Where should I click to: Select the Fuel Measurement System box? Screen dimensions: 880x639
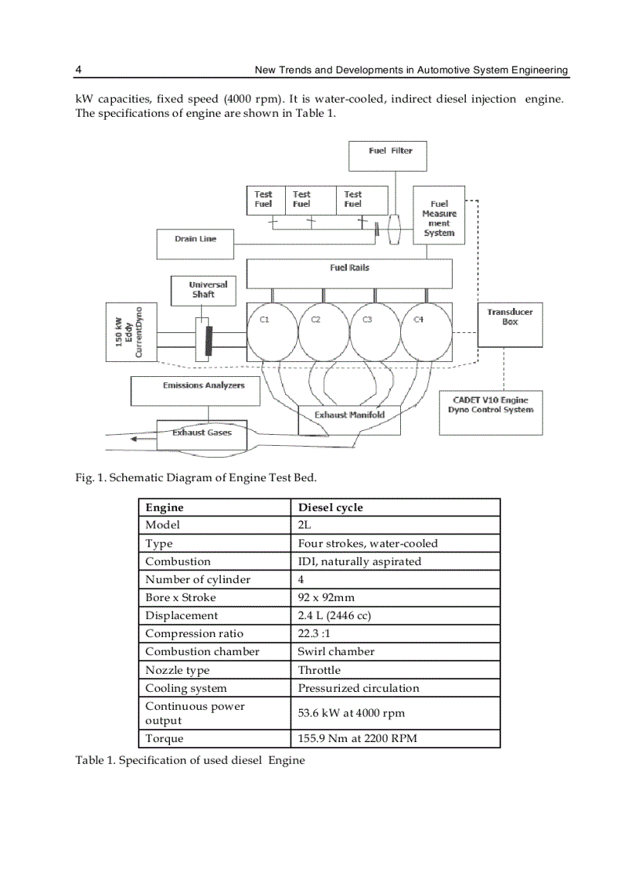pos(439,217)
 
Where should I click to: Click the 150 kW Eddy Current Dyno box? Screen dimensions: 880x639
pos(131,331)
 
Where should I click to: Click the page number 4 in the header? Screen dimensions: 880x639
pos(78,70)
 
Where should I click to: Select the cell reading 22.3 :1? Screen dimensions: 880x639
pos(395,633)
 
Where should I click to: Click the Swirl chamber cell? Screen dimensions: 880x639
pos(395,651)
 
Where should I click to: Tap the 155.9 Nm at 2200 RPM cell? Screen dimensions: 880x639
pos(395,738)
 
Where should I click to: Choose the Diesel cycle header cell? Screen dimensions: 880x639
pos(395,507)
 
